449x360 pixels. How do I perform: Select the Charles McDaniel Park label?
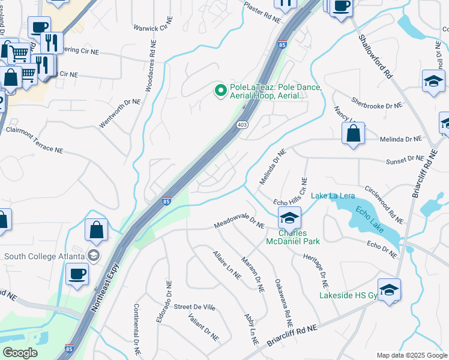(292, 237)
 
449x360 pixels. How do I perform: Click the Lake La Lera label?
(333, 196)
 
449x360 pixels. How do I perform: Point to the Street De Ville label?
(194, 307)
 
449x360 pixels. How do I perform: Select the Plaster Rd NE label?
(262, 12)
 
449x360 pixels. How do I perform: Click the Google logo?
(20, 353)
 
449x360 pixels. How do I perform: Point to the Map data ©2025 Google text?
(412, 355)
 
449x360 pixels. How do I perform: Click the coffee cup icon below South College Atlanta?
(77, 275)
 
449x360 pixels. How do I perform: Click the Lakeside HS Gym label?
(348, 295)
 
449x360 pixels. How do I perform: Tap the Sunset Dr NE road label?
(407, 158)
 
